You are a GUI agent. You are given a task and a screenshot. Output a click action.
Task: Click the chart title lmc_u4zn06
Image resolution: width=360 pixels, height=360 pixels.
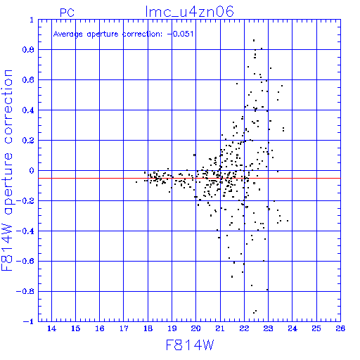(x=189, y=12)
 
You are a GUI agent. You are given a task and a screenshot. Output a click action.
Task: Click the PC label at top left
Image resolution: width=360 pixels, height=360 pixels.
(x=67, y=13)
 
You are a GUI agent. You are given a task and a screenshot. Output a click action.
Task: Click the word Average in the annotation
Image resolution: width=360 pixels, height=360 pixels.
(x=68, y=34)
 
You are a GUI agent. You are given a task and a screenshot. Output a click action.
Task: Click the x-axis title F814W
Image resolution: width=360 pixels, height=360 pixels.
(x=190, y=345)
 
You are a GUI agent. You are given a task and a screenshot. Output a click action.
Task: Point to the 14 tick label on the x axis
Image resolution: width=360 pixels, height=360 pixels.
(x=51, y=328)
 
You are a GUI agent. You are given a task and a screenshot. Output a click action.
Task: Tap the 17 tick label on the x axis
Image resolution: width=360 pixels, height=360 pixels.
(x=124, y=328)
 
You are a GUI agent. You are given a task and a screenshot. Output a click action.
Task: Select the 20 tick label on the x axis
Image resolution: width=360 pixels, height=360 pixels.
(x=196, y=328)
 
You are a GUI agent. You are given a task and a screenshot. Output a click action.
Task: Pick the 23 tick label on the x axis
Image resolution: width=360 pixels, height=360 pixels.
(x=268, y=328)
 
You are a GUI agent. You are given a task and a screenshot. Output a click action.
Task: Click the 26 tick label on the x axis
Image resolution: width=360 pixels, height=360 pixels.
(x=340, y=328)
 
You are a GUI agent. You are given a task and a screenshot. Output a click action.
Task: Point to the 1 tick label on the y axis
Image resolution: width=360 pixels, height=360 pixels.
(x=32, y=20)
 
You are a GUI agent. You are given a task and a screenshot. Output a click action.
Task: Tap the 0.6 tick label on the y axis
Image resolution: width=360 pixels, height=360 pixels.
(x=28, y=80)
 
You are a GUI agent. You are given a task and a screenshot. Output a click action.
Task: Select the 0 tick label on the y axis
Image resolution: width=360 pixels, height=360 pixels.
(x=32, y=171)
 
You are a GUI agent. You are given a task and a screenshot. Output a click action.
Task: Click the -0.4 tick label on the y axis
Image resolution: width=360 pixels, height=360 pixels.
(x=25, y=231)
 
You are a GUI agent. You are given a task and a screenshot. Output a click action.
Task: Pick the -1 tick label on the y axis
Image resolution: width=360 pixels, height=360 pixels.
(x=29, y=321)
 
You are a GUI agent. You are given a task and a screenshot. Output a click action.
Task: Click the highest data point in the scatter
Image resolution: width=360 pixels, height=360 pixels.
(x=254, y=41)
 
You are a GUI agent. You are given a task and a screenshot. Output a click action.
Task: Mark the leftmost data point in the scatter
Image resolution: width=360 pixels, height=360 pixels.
(x=136, y=182)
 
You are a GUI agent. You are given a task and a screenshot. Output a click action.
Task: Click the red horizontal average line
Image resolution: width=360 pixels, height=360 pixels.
(x=189, y=179)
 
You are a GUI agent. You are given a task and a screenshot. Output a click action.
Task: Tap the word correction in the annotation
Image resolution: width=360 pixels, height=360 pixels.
(x=142, y=34)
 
